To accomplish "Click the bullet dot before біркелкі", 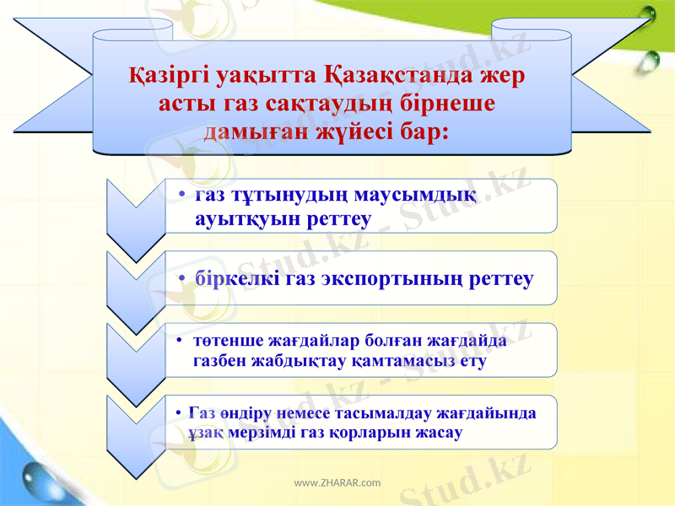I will click(182, 279).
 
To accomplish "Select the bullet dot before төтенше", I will click(181, 342).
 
